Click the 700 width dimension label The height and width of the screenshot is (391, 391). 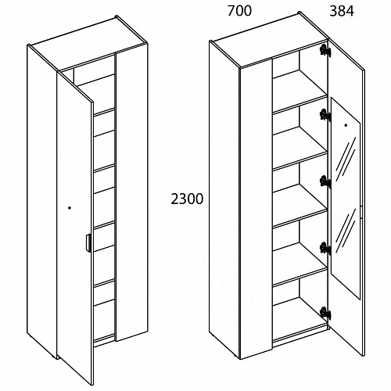point(239,11)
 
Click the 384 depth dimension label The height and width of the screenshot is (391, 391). point(342,12)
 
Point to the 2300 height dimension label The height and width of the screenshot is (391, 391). point(187,199)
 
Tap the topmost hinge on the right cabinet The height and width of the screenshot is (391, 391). point(325,50)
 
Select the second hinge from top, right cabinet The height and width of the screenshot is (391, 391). point(325,115)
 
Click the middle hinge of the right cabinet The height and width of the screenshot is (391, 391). point(325,181)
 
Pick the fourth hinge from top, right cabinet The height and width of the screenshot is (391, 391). point(325,248)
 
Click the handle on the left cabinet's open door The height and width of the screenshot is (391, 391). point(88,243)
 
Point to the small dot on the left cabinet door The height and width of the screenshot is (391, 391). point(70,208)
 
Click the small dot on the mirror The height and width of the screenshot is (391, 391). point(346,125)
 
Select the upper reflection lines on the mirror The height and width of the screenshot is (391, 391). point(346,160)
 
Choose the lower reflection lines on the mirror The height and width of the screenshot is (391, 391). point(346,231)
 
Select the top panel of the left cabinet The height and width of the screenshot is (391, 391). point(88,44)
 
